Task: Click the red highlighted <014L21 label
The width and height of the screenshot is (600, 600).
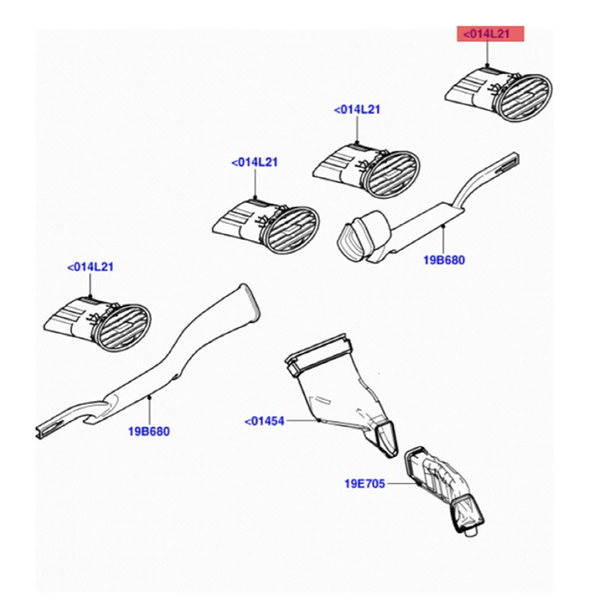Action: (490, 34)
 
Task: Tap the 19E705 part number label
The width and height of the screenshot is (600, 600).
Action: (364, 483)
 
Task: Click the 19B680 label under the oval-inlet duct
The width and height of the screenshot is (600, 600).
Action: (443, 260)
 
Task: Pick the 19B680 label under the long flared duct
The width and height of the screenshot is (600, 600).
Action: (149, 431)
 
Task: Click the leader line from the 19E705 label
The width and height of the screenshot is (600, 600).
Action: (401, 483)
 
